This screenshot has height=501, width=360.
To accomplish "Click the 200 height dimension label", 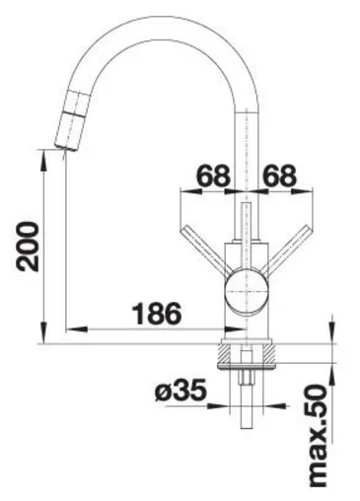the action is [28, 247].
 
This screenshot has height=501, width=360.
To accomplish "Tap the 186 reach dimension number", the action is [157, 314].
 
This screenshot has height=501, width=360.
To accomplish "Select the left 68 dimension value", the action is [213, 175].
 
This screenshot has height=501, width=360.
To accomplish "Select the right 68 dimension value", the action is [280, 175].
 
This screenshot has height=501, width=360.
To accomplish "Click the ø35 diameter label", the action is [181, 391].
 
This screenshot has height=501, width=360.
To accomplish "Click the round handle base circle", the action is [247, 292].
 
